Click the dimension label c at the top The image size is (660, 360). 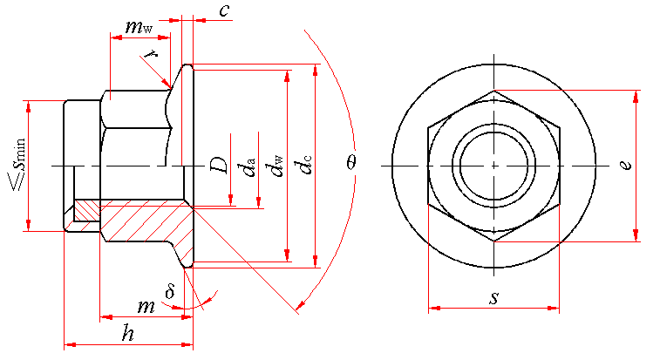click(225, 11)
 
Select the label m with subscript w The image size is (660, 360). click(139, 27)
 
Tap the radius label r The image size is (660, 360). click(150, 54)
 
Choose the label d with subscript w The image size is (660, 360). click(276, 166)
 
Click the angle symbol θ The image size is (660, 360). click(352, 162)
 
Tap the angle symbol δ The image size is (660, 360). click(170, 291)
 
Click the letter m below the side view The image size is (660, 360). click(146, 307)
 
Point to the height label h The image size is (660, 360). click(128, 334)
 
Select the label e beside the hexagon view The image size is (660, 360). click(627, 164)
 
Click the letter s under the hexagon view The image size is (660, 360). click(494, 298)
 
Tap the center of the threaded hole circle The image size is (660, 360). click(494, 166)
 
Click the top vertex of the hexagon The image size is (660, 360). click(494, 90)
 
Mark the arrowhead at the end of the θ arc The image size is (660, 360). click(301, 303)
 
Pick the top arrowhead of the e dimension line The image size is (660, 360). click(636, 97)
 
